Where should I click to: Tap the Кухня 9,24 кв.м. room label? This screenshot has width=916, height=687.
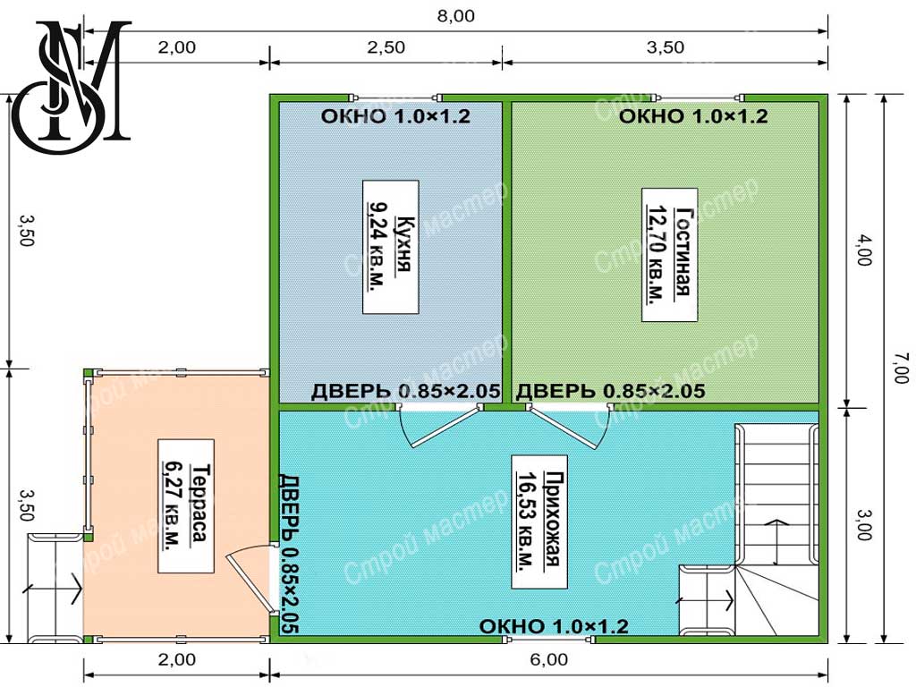tap(390, 247)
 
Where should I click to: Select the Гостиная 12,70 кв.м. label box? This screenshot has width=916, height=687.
tap(669, 255)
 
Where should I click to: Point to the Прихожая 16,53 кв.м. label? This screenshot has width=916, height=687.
tap(539, 522)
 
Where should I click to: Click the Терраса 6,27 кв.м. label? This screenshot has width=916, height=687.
tap(186, 506)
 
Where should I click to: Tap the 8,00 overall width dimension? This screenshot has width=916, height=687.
tap(455, 16)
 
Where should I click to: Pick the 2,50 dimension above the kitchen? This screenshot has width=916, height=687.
tap(386, 47)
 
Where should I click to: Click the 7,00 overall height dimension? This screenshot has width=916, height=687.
tap(902, 368)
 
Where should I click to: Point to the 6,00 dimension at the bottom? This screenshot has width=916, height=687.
tap(548, 659)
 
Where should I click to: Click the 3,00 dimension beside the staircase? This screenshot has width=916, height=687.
tap(865, 524)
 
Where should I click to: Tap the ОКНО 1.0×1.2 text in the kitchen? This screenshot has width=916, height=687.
tap(395, 116)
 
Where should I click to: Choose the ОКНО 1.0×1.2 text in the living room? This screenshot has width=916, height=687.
tap(693, 116)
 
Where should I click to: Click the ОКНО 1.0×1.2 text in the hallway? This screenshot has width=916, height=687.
tap(554, 626)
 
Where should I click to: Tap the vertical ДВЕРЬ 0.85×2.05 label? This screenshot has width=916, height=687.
tap(288, 553)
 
